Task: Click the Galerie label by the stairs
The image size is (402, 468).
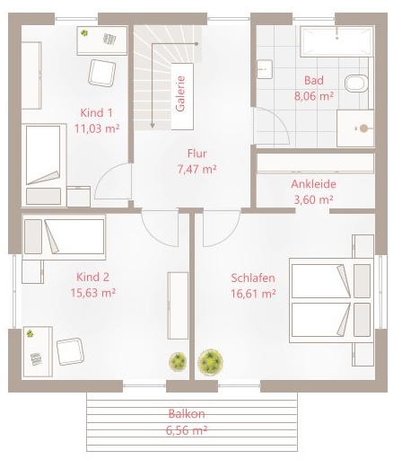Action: [180, 93]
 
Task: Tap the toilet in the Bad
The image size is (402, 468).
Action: [356, 83]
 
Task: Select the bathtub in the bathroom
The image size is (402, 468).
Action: [337, 41]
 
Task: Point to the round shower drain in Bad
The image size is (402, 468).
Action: [363, 128]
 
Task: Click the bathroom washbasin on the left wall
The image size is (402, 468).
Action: [265, 69]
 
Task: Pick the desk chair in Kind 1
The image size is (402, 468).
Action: [102, 74]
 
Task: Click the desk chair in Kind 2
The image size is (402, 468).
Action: [70, 351]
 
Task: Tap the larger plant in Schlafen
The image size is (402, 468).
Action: [211, 361]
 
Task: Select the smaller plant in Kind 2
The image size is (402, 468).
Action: [178, 362]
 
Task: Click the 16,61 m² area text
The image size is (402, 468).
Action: [253, 294]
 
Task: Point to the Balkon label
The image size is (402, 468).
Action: [187, 413]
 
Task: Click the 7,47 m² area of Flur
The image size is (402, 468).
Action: [197, 170]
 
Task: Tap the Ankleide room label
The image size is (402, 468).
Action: [313, 184]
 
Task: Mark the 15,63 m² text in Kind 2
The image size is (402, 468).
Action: [93, 293]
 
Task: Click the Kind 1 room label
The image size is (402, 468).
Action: [97, 113]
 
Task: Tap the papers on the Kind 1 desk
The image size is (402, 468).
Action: [109, 39]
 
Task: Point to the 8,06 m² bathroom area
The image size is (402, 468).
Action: [314, 96]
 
